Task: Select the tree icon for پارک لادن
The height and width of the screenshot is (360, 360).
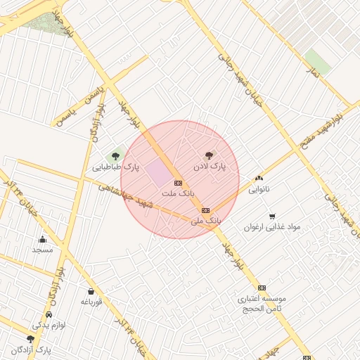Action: click(209, 155)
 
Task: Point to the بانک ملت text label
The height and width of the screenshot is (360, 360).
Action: click(177, 192)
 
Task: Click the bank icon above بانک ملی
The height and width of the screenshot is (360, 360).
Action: click(205, 210)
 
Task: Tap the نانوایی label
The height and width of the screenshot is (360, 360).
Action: click(259, 189)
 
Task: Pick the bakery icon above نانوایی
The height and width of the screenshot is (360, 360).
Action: click(259, 179)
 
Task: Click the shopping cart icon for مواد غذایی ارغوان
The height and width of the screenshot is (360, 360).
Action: click(272, 216)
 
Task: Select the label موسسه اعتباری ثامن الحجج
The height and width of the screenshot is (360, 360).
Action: click(262, 303)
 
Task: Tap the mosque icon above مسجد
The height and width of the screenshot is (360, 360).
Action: click(42, 239)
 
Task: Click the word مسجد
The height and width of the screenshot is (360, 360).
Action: click(42, 250)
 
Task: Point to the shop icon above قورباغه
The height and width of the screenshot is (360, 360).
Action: click(91, 291)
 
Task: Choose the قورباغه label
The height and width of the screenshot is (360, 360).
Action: click(91, 302)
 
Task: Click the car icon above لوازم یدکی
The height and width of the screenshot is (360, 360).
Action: click(49, 314)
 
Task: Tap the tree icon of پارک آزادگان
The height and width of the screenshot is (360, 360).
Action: click(30, 339)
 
